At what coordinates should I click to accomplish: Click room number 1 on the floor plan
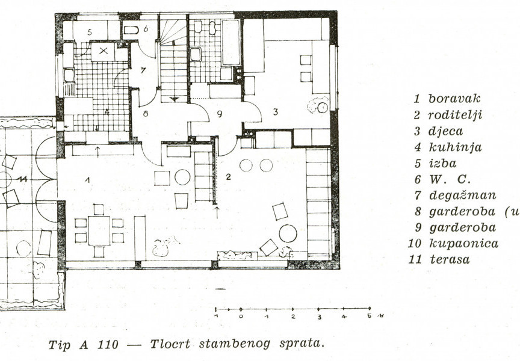87,179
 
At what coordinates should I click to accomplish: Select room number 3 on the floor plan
274,111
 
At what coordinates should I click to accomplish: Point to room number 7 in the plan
143,70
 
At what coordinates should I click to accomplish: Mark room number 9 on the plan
220,113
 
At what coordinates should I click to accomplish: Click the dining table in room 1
99,230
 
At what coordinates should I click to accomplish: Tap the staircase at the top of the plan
175,57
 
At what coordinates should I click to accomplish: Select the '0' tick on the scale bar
241,312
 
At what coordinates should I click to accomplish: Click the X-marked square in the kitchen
103,52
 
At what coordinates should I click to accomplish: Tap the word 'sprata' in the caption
303,345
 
